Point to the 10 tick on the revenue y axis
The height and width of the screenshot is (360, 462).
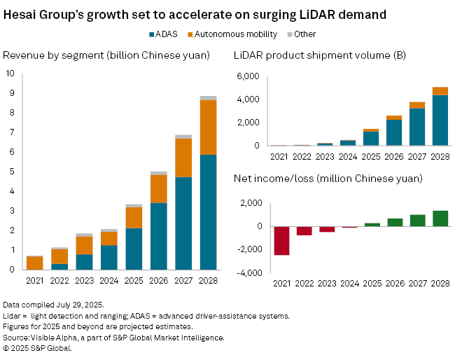[x=9, y=73]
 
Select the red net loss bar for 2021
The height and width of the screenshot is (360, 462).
[x=282, y=240]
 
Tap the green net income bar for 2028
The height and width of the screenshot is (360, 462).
[x=440, y=219]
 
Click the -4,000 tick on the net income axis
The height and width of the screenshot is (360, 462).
[x=251, y=274]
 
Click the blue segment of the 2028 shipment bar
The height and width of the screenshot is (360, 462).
[x=440, y=120]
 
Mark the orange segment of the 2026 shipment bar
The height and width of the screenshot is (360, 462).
[x=394, y=118]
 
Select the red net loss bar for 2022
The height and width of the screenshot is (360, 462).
[x=304, y=230]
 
